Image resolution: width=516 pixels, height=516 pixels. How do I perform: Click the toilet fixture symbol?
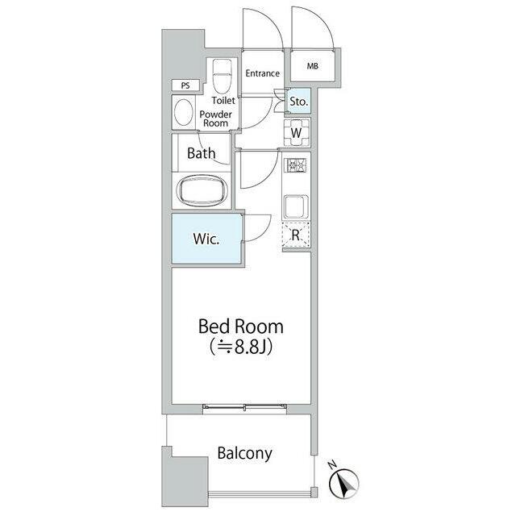[223, 76]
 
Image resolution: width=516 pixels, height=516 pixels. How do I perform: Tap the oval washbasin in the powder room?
[184, 112]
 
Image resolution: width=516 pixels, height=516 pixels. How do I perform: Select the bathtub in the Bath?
[202, 191]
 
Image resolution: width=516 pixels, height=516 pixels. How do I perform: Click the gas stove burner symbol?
[297, 165]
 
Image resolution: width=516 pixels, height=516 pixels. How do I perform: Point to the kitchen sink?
[296, 207]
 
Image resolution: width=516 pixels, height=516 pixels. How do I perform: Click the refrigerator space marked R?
[296, 235]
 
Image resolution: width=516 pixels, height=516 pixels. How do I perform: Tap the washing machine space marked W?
[297, 132]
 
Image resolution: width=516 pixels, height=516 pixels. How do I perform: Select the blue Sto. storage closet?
[299, 101]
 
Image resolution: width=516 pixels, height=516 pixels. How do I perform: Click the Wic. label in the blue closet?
[206, 239]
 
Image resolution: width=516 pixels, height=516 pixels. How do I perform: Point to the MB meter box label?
[313, 66]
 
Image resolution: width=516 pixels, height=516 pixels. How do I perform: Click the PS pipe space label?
[185, 85]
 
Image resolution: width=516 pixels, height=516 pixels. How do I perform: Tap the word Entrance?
[263, 73]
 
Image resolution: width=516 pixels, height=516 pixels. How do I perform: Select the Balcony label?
[245, 453]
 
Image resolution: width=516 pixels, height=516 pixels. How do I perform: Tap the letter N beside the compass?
[332, 464]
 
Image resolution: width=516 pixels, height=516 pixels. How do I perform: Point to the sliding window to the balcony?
[244, 408]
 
